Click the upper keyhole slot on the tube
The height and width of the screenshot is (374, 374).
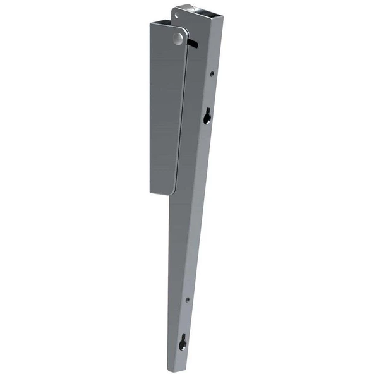207,116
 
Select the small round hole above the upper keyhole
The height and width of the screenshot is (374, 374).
212,74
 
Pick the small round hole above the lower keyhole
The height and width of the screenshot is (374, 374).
188,299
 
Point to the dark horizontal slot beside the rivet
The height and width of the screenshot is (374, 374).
194,43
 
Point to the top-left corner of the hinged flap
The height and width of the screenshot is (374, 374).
151,24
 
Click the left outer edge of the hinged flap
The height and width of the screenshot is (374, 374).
150,107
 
